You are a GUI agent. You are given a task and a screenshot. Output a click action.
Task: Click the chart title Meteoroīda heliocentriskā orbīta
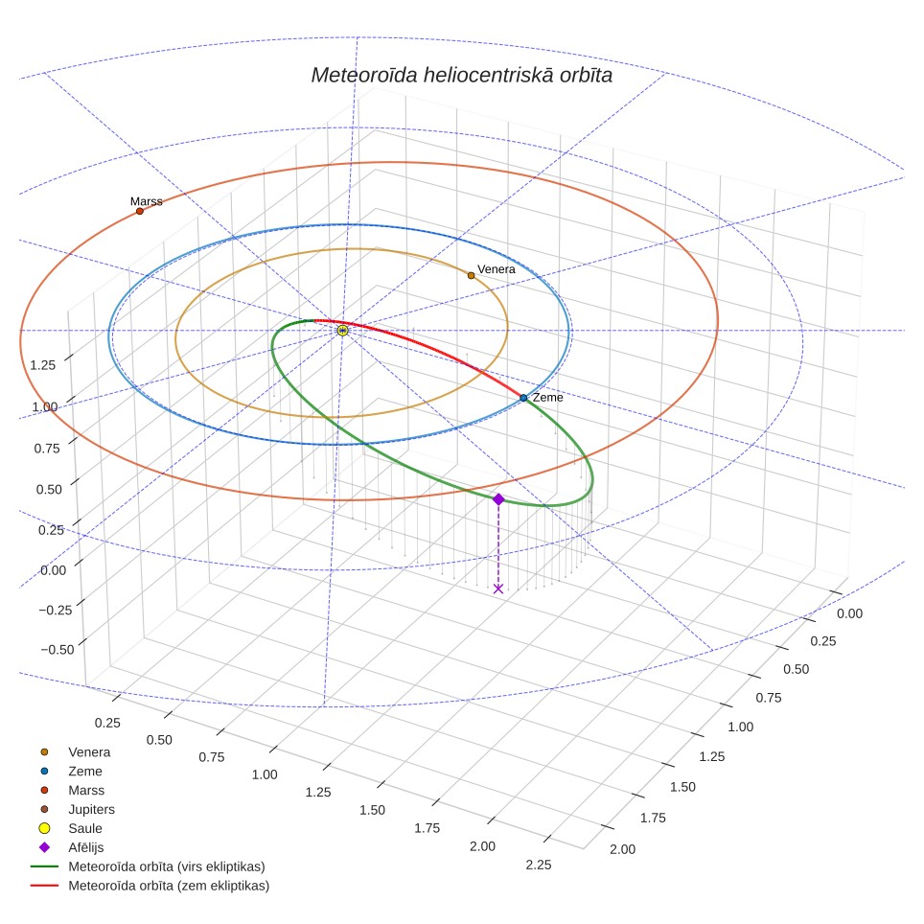pyautogui.click(x=461, y=76)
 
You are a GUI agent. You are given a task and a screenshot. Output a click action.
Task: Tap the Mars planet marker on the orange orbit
pyautogui.click(x=140, y=211)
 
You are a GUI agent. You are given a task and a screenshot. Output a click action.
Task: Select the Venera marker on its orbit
pyautogui.click(x=471, y=275)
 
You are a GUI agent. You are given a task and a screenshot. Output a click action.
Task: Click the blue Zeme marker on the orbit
pyautogui.click(x=523, y=398)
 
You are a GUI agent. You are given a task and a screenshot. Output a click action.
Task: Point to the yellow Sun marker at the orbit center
pyautogui.click(x=342, y=330)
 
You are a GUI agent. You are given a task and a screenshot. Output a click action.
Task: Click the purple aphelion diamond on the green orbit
pyautogui.click(x=498, y=499)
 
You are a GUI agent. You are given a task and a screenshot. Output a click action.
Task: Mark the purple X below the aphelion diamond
pyautogui.click(x=498, y=589)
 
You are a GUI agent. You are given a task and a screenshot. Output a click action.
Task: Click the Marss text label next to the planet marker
pyautogui.click(x=146, y=201)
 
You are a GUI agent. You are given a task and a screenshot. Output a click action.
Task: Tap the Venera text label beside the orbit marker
pyautogui.click(x=497, y=269)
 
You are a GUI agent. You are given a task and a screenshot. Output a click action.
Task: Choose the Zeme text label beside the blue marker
pyautogui.click(x=547, y=398)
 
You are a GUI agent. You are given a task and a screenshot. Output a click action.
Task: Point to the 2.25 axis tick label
pyautogui.click(x=539, y=865)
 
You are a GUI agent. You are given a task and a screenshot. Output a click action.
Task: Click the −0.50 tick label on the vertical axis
pyautogui.click(x=58, y=650)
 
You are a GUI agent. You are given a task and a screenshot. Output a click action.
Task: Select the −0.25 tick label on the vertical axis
pyautogui.click(x=56, y=610)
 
